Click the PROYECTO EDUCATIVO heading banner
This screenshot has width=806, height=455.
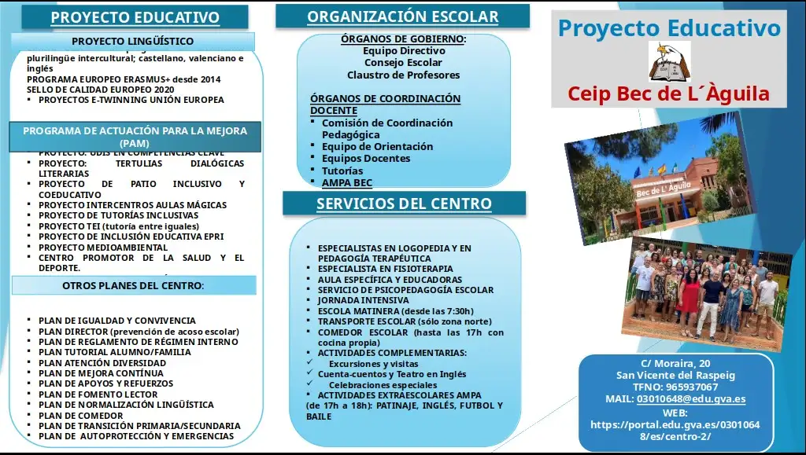(x=135, y=17)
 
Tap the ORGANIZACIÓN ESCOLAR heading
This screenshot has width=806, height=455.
(x=402, y=17)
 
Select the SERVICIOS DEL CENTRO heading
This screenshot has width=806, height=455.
(x=404, y=204)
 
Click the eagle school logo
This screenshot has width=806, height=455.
(x=669, y=62)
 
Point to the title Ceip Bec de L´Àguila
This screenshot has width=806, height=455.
(x=668, y=95)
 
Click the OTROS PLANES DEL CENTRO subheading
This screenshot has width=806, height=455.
(x=133, y=285)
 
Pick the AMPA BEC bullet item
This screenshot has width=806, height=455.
(x=347, y=182)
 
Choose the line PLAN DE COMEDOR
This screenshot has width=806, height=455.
(x=81, y=416)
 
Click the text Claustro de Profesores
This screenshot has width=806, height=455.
(x=403, y=75)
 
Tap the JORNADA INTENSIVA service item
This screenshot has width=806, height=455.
(x=363, y=300)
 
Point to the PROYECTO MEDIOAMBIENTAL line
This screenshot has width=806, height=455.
(x=103, y=248)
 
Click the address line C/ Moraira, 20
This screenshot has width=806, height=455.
(x=675, y=363)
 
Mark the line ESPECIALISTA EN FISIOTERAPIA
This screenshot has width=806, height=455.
(x=385, y=269)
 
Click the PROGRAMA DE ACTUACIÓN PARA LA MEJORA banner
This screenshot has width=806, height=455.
(x=135, y=137)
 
